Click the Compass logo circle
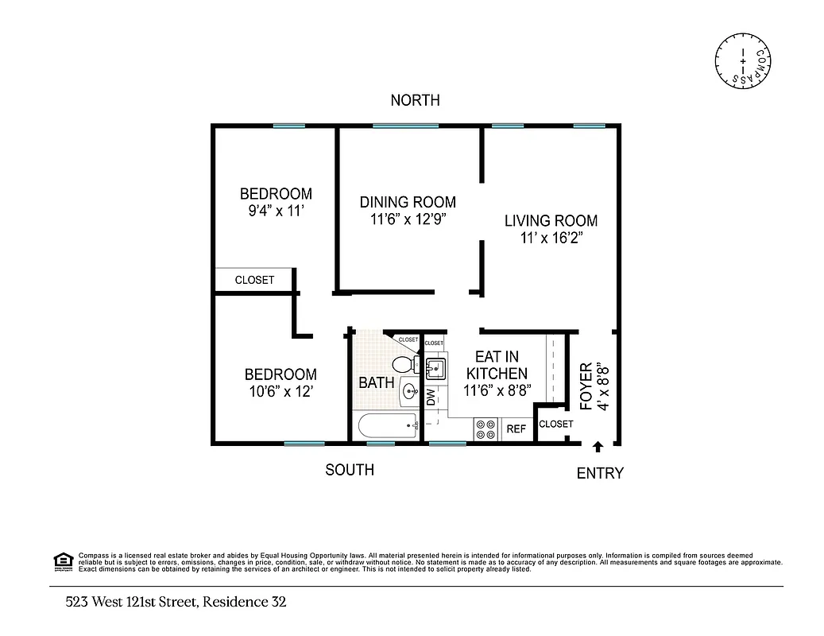click(x=742, y=61)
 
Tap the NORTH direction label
click(x=415, y=100)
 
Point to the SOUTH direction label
click(x=350, y=470)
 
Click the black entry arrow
click(x=598, y=448)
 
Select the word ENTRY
click(x=600, y=473)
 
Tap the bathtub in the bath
click(x=388, y=426)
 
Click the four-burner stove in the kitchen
click(x=486, y=429)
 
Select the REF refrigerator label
click(x=516, y=429)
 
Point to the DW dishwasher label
click(x=431, y=397)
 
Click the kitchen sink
click(x=435, y=368)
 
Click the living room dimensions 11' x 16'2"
click(x=551, y=238)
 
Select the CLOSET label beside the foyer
click(x=555, y=424)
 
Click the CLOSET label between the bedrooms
click(x=254, y=280)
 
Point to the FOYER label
click(x=587, y=387)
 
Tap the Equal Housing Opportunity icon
click(x=62, y=561)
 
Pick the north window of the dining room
click(x=405, y=126)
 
